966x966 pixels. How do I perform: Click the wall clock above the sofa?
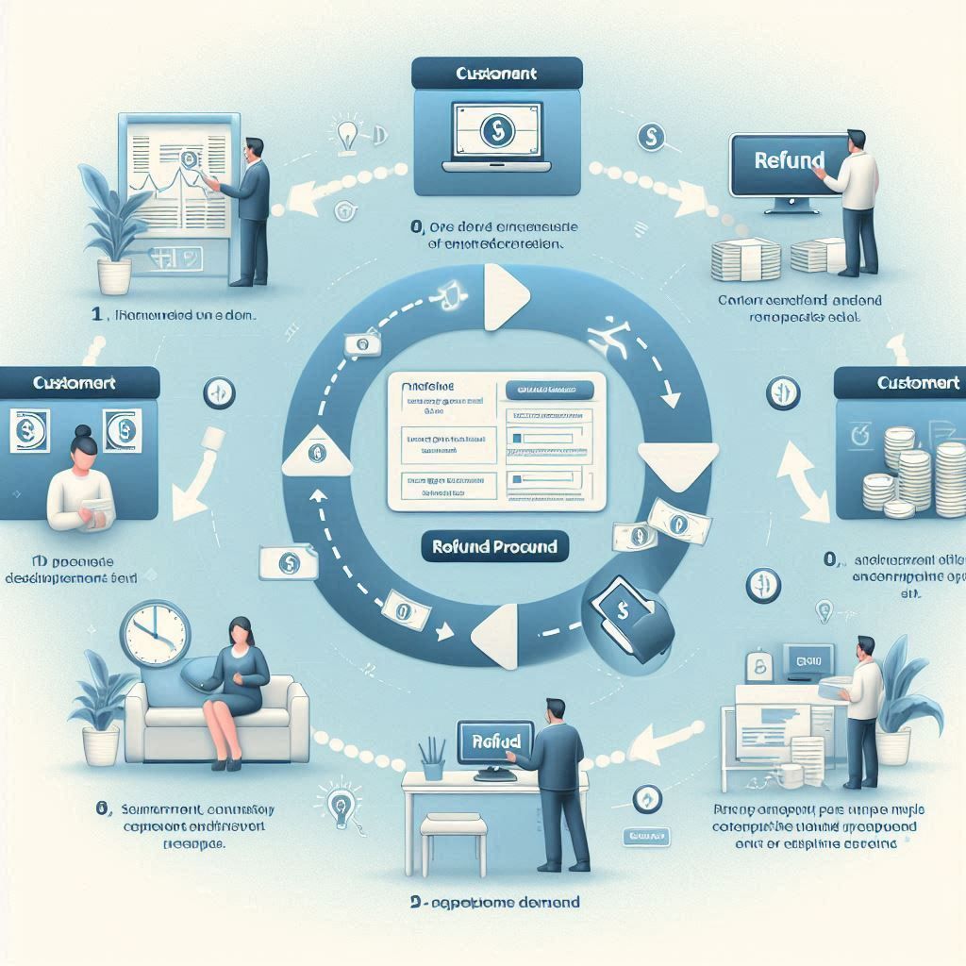(x=155, y=635)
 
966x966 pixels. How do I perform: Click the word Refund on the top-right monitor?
(x=790, y=159)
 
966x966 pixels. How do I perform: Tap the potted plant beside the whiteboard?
(x=110, y=226)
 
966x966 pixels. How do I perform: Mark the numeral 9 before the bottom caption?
(x=415, y=903)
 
